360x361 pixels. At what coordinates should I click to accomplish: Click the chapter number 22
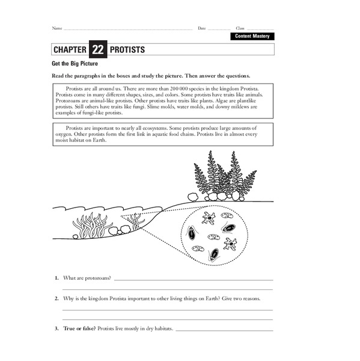(97, 50)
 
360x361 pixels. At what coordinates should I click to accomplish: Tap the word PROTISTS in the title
(127, 50)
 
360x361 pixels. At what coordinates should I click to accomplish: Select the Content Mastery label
(252, 36)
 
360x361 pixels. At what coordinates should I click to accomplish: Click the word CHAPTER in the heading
(70, 50)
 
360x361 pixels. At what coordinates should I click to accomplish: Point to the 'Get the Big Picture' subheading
(75, 63)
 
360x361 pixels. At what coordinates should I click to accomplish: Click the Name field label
(57, 28)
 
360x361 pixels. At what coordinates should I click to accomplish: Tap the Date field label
(202, 28)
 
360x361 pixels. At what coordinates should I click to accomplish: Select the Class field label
(240, 28)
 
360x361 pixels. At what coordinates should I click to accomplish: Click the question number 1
(56, 278)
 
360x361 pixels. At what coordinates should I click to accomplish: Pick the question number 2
(56, 298)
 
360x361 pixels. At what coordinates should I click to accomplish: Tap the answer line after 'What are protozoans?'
(192, 280)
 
